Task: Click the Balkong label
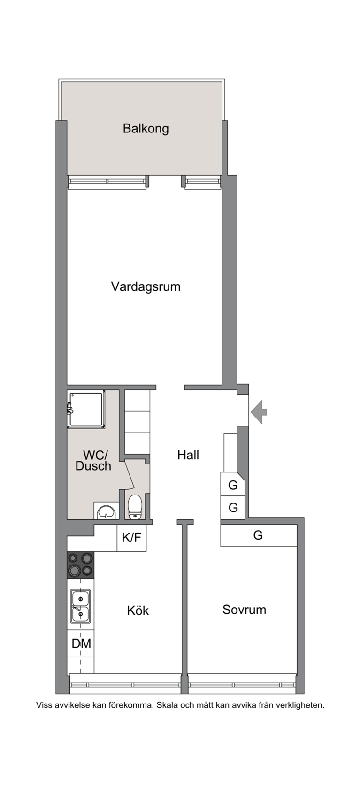pos(146,129)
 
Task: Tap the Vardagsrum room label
pos(146,286)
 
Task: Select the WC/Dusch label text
pos(93,460)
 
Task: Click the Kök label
pos(138,610)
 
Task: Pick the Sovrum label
pos(244,610)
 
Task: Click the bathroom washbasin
pos(106,511)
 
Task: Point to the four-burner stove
pos(81,565)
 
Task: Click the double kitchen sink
pos(81,606)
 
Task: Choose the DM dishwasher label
pos(81,643)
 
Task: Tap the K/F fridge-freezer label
pos(131,537)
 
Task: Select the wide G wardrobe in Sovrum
pos(259,535)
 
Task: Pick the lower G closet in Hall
pos(233,508)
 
